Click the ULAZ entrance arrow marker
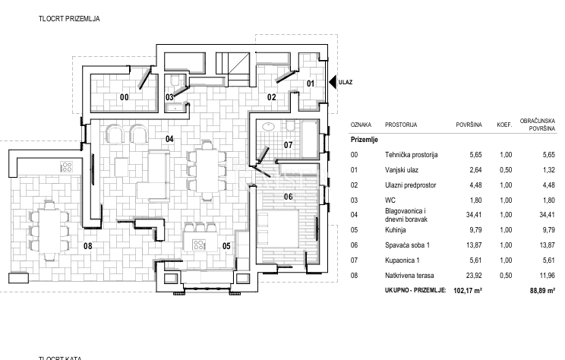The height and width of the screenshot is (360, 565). [x=333, y=81]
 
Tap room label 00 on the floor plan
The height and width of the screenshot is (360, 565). [x=125, y=96]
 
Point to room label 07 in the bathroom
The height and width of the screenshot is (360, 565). [x=289, y=144]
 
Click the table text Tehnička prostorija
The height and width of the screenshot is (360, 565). [x=412, y=154]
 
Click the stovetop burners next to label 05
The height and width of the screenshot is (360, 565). [x=200, y=245]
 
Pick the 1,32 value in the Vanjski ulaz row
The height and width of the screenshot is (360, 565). [x=541, y=169]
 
